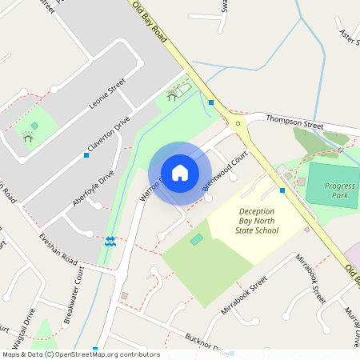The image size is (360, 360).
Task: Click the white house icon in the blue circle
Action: tap(180, 173)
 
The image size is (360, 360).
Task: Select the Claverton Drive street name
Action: tap(109, 135)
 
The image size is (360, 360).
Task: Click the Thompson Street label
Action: tap(294, 124)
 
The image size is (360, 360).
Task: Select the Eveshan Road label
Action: tap(58, 250)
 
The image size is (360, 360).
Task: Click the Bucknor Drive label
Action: tap(205, 344)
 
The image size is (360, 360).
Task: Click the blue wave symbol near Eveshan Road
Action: tap(110, 241)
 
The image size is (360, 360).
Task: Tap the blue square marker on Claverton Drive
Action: tap(86, 154)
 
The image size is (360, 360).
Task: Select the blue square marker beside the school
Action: tap(282, 190)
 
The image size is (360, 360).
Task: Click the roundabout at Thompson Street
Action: tap(238, 124)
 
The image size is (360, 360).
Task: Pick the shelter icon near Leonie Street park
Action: tap(28, 137)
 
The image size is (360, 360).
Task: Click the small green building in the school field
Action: tap(197, 240)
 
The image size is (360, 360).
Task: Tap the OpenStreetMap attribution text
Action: tap(80, 354)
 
